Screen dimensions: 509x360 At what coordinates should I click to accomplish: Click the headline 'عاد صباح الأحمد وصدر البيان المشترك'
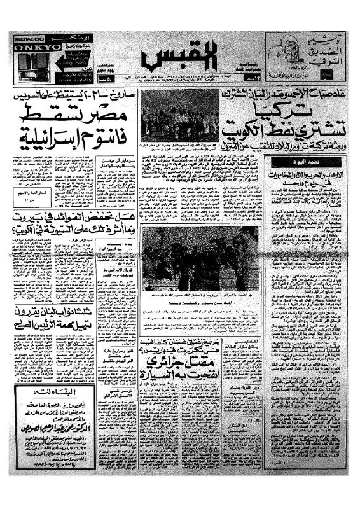[280, 95]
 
